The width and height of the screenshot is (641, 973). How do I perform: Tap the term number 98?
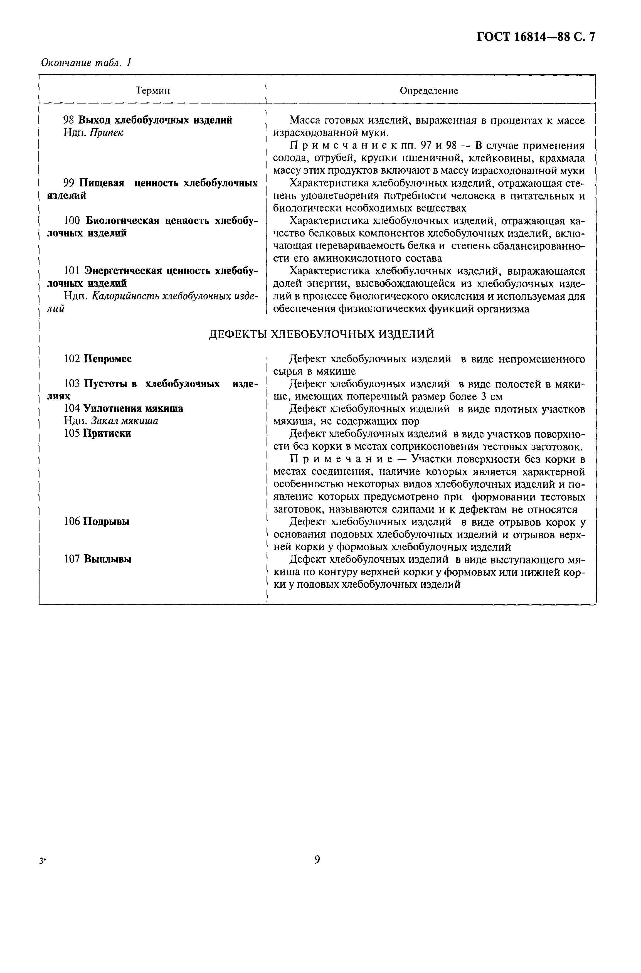[69, 120]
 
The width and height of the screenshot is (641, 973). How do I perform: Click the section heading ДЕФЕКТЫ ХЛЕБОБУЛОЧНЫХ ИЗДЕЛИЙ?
[321, 334]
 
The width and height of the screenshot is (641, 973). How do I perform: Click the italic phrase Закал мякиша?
[124, 421]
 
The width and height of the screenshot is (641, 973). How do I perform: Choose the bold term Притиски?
[107, 433]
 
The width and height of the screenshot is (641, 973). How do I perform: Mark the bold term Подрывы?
[106, 522]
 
